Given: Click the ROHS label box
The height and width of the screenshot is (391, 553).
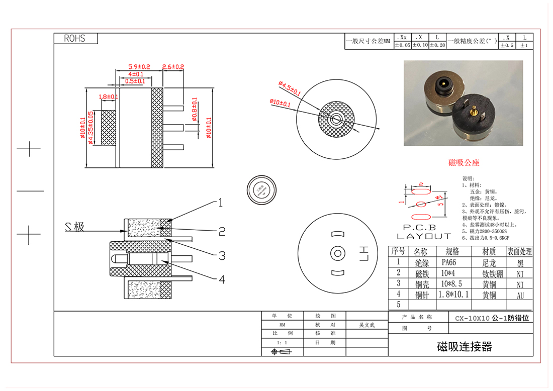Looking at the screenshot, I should point(75,39).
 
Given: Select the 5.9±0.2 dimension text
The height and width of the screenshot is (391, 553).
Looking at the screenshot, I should point(139,66).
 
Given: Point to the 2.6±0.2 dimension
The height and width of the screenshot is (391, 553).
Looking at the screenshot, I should point(173,66).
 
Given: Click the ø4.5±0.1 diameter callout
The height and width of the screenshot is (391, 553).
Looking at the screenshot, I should point(289,89).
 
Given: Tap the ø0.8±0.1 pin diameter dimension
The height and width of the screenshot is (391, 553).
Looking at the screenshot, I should point(195,110).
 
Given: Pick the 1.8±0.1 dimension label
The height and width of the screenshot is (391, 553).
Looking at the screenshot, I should point(109,96).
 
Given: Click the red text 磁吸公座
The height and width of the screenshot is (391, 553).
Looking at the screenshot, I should point(464,162).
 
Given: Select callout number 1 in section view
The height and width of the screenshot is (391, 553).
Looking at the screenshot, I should point(220,203).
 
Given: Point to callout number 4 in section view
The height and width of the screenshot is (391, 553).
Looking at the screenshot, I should point(222,279).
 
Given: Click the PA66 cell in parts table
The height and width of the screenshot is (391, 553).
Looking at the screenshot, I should point(449,262).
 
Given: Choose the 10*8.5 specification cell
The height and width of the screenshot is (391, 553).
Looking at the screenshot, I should point(452,283).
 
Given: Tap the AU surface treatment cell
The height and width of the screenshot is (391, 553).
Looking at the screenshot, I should point(520,295).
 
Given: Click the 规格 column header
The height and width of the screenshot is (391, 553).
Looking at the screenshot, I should point(452,251).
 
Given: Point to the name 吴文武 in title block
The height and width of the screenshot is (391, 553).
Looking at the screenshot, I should point(366,325).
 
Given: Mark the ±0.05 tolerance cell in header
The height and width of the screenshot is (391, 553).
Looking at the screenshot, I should point(402,45).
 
